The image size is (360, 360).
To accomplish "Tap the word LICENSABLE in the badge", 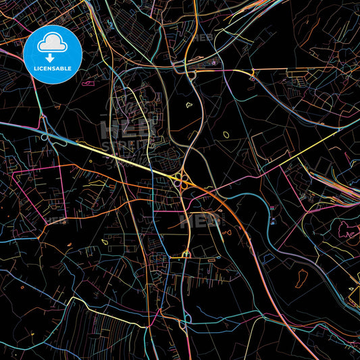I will pyautogui.click(x=52, y=68).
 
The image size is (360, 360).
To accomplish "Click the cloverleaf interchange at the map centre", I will pyautogui.click(x=181, y=179).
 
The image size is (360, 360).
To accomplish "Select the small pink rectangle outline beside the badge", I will pyautogui.click(x=88, y=84).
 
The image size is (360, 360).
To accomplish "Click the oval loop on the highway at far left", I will pyautogui.click(x=45, y=136).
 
